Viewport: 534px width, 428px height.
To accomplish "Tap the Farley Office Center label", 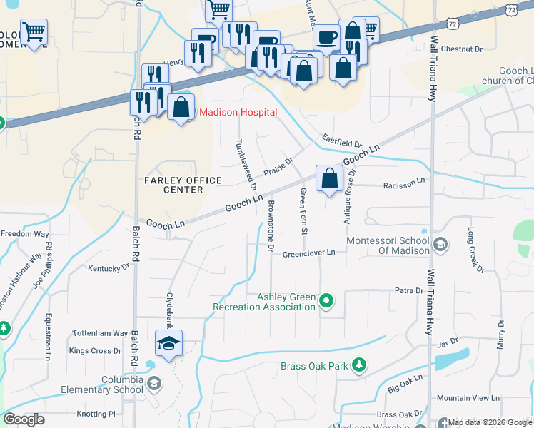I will (x=173, y=185).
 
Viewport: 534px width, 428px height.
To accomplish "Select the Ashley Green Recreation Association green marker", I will (x=327, y=301).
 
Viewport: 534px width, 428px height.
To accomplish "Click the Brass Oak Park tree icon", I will (x=361, y=366).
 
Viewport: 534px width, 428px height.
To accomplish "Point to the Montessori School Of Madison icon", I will (x=440, y=245).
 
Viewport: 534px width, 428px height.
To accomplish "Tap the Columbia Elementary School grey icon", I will (x=153, y=385).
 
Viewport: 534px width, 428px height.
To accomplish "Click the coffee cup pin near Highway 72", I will (x=326, y=36).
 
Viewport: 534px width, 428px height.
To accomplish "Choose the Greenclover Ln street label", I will (x=308, y=253).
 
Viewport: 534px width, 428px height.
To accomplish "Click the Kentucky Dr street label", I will (x=109, y=268).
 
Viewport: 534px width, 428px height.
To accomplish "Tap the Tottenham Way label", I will (x=100, y=333).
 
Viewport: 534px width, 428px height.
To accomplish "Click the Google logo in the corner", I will (x=24, y=419).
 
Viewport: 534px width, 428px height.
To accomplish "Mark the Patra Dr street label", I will (x=409, y=291).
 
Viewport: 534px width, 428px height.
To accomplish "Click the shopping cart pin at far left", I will (x=34, y=31).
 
